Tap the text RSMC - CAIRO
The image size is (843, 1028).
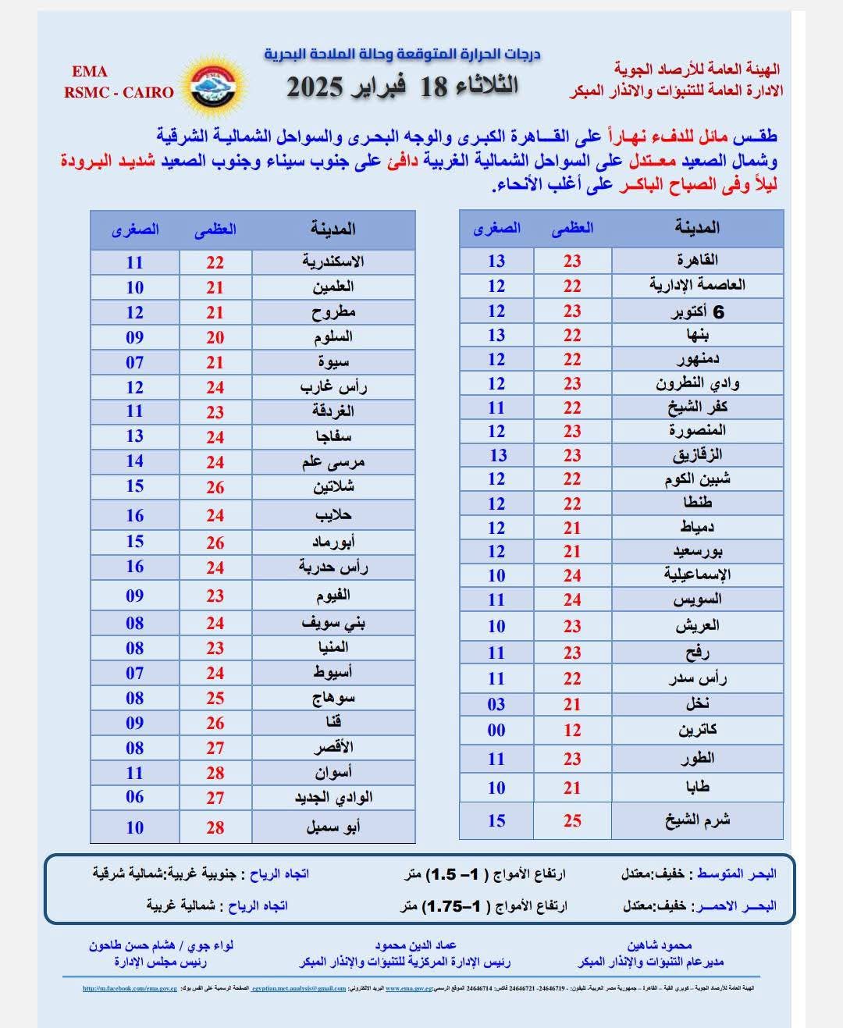click(119, 92)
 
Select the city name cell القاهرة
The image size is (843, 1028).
click(697, 260)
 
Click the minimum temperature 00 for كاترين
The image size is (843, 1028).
click(496, 730)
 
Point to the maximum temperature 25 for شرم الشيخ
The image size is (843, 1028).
click(572, 820)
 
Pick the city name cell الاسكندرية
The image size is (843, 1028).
click(333, 261)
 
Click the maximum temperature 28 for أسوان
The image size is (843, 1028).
click(215, 773)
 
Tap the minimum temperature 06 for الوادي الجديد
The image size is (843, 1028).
click(135, 797)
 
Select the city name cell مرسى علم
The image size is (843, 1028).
click(333, 462)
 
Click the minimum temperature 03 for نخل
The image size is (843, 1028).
click(496, 704)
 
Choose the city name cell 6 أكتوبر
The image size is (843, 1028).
click(697, 311)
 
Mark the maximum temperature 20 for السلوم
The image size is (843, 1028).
click(215, 337)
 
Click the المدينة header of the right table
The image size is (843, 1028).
click(697, 228)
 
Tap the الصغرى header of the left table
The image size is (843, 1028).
click(135, 229)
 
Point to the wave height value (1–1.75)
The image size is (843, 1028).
click(453, 906)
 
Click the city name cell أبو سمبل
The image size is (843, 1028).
click(333, 827)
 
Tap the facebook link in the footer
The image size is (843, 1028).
click(130, 988)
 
